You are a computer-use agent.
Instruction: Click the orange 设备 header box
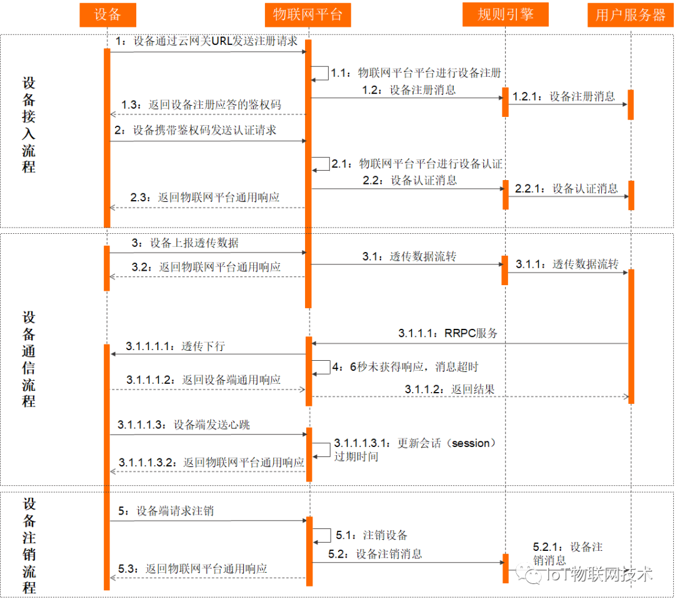pos(107,15)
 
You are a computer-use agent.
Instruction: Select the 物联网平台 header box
pos(308,15)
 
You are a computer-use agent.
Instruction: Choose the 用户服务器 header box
pos(631,15)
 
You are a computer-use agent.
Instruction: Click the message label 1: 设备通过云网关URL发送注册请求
pos(206,41)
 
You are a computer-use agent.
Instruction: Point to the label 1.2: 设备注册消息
pos(409,89)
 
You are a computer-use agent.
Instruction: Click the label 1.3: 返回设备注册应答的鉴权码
pos(201,104)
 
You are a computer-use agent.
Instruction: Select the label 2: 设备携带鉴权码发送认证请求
pos(196,131)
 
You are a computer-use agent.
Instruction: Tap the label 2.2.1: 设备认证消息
pos(566,188)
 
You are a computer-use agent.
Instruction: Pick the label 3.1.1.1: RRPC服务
pos(448,333)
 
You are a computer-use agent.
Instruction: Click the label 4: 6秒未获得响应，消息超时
pos(405,367)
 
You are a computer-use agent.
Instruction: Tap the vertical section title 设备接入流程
pos(29,125)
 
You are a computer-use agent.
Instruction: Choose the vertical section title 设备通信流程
pos(29,359)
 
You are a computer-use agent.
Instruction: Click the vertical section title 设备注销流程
pos(29,546)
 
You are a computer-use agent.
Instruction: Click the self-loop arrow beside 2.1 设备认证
pos(321,163)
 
